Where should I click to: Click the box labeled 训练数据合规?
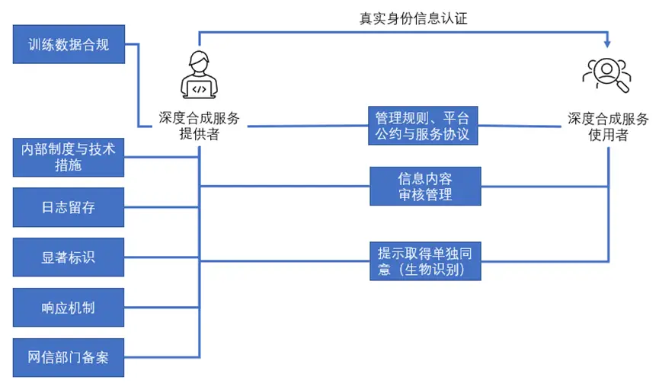pyautogui.click(x=69, y=44)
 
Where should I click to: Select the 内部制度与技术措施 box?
pyautogui.click(x=69, y=157)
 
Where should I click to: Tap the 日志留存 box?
pyautogui.click(x=69, y=207)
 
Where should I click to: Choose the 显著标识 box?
pyautogui.click(x=69, y=257)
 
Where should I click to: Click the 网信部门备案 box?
pyautogui.click(x=69, y=356)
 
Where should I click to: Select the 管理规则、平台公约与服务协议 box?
pyautogui.click(x=423, y=126)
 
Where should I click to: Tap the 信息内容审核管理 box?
pyautogui.click(x=425, y=187)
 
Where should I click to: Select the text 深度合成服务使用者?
pyautogui.click(x=607, y=126)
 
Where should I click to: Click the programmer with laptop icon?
pyautogui.click(x=199, y=75)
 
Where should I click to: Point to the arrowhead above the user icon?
pyautogui.click(x=607, y=43)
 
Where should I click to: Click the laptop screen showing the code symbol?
pyautogui.click(x=199, y=88)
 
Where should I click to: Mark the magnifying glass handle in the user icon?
pyautogui.click(x=625, y=88)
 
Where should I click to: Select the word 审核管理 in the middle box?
pyautogui.click(x=425, y=195)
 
